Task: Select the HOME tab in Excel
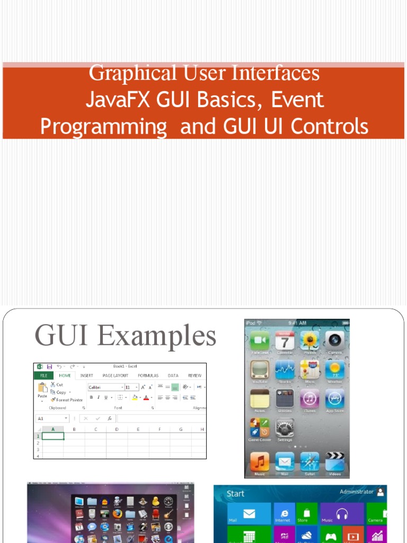(x=65, y=375)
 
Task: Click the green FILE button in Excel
(x=43, y=375)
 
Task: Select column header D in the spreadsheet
(x=116, y=429)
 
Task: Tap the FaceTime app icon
(x=260, y=341)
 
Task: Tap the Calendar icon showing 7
(x=285, y=341)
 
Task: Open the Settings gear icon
(x=285, y=428)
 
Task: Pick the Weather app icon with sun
(x=335, y=370)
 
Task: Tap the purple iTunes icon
(x=310, y=399)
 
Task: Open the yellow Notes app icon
(x=260, y=399)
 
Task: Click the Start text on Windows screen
(x=236, y=494)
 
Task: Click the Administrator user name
(x=357, y=492)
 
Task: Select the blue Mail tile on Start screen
(x=249, y=514)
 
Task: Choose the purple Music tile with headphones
(x=342, y=514)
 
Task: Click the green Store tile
(x=307, y=514)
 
